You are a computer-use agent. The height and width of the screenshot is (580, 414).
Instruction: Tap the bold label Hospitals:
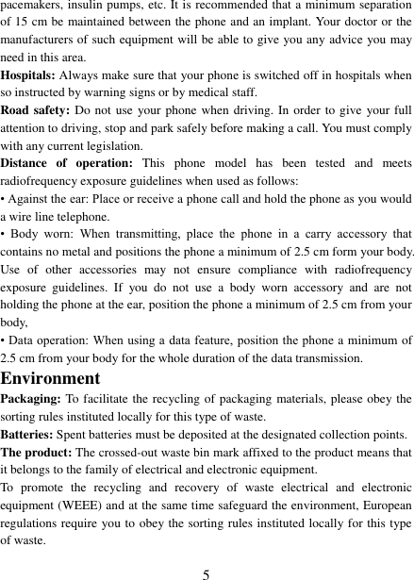pos(28,75)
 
